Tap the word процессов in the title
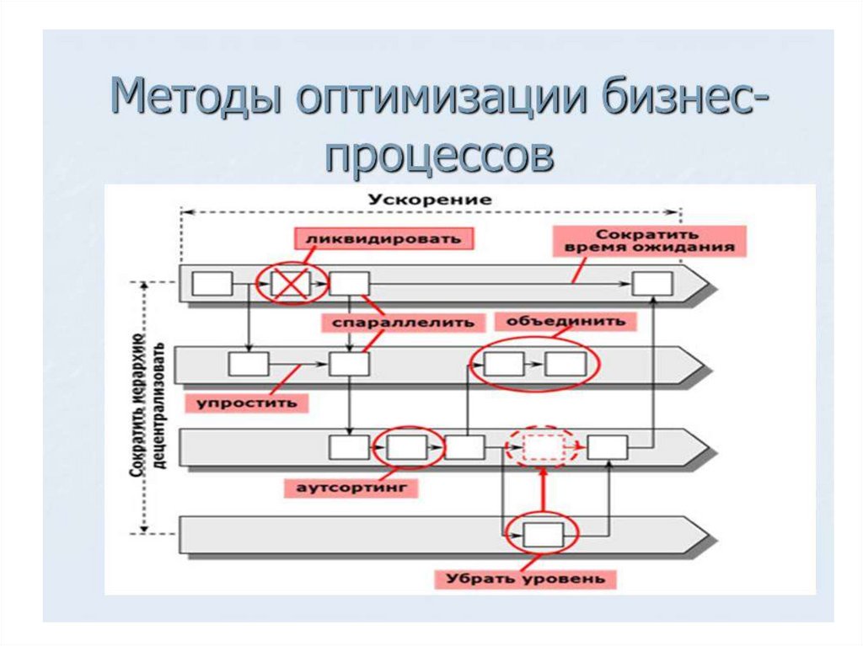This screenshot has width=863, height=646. pyautogui.click(x=440, y=155)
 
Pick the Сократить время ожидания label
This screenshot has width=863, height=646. pyautogui.click(x=645, y=240)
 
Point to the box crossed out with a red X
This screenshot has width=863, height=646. pyautogui.click(x=289, y=284)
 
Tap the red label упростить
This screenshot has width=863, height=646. pyautogui.click(x=247, y=402)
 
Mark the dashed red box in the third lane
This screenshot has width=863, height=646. pyautogui.click(x=543, y=446)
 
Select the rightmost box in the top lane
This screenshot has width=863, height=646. pyautogui.click(x=652, y=284)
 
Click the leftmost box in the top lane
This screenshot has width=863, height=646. pyautogui.click(x=212, y=284)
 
